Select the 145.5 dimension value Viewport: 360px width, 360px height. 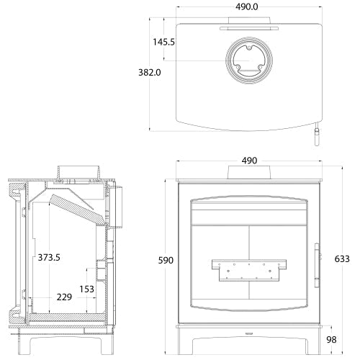pyautogui.click(x=163, y=42)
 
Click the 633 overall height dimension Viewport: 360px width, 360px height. pyautogui.click(x=342, y=258)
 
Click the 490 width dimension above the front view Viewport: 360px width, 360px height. pyautogui.click(x=248, y=161)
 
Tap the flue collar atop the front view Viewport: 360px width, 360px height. pyautogui.click(x=248, y=173)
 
